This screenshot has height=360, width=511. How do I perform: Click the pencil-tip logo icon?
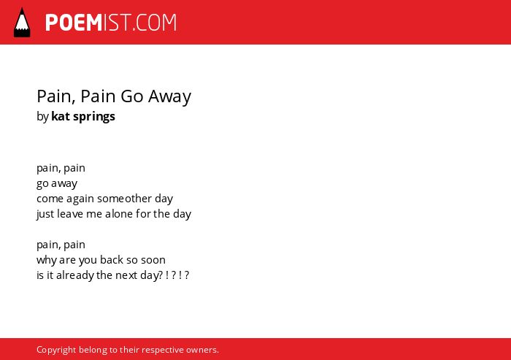(x=22, y=23)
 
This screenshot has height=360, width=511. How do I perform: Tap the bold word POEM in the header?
(x=74, y=23)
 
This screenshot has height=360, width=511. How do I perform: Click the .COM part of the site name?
(x=155, y=23)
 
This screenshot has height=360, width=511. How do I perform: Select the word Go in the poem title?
(x=132, y=96)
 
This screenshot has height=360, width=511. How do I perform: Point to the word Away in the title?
(x=170, y=98)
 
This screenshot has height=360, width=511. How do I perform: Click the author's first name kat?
(x=61, y=116)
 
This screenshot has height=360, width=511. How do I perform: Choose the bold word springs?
(x=94, y=118)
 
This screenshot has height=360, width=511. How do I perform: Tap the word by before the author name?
(x=42, y=117)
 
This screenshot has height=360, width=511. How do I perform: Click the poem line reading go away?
(x=57, y=184)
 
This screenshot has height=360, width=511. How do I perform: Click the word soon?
(x=153, y=260)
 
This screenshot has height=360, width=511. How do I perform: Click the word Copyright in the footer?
(x=56, y=351)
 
